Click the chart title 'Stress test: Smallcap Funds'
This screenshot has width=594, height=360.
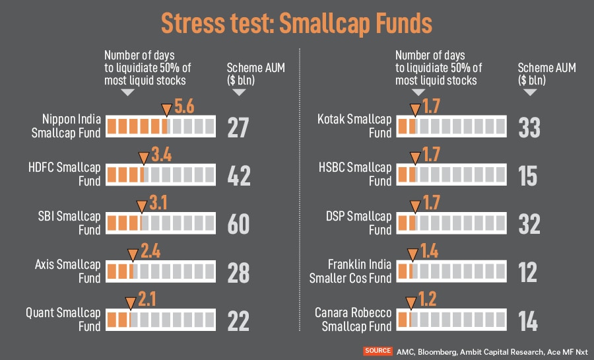(296, 23)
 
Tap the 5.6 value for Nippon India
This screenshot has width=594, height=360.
(184, 107)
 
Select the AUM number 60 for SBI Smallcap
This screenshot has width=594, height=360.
(238, 224)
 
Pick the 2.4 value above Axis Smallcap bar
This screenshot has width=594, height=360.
(150, 252)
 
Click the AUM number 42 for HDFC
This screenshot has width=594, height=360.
(238, 176)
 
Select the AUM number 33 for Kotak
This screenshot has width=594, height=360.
(529, 127)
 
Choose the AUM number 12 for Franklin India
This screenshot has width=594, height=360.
(529, 273)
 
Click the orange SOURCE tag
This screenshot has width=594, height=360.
(378, 351)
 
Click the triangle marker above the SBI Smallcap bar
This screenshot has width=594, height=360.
(142, 206)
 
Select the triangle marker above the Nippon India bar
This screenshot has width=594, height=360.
(166, 109)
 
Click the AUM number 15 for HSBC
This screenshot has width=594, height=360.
(529, 176)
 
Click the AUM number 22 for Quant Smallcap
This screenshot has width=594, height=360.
(238, 321)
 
